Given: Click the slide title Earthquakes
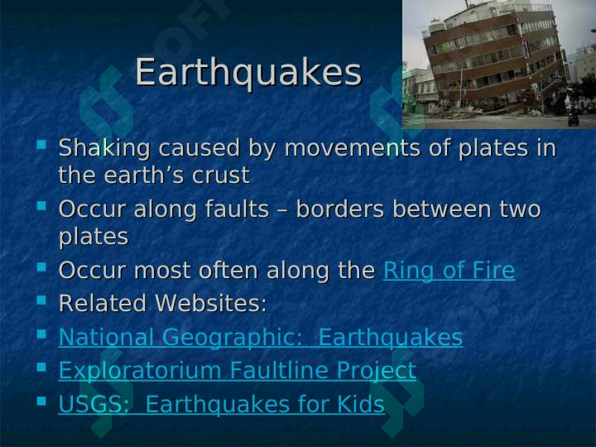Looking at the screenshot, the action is (248, 73).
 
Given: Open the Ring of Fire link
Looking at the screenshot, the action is (449, 271).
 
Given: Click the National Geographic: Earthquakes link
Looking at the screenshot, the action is (261, 338).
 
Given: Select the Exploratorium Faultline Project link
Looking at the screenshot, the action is (238, 371).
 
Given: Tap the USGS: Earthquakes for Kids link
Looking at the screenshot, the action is (222, 404).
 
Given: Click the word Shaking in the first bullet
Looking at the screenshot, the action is (104, 148).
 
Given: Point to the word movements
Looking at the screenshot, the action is (352, 148).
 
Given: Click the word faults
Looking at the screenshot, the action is (237, 209).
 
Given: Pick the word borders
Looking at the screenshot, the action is (340, 209).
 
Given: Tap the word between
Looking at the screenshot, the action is (441, 209).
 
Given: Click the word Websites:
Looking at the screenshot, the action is (210, 303).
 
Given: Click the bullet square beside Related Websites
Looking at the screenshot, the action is (41, 300).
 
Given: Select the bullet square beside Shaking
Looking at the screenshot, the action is (41, 145).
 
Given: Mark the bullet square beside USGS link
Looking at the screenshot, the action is (41, 401).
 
